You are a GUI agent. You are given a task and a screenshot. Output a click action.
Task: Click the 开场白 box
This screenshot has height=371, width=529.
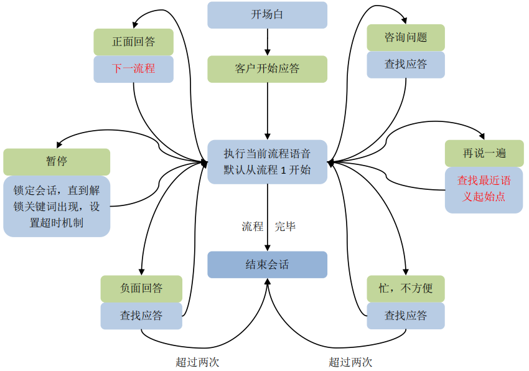pos(267,15)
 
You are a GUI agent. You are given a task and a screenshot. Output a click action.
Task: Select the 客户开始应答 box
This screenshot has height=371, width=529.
pos(267,69)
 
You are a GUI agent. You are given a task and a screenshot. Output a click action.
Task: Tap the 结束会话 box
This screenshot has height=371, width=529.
pos(267,265)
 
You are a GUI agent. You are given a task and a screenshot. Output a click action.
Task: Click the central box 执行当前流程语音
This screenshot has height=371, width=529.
pos(267,161)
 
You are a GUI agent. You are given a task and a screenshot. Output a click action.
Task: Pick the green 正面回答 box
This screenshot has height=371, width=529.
pos(133,42)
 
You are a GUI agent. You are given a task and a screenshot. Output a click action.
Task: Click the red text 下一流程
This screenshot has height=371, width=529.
pos(133,69)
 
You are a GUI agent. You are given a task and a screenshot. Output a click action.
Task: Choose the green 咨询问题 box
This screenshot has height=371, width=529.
pos(406,37)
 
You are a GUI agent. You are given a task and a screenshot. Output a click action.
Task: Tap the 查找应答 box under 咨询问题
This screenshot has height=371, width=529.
pos(406,64)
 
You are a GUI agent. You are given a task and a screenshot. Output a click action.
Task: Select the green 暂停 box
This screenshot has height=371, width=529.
pos(57,161)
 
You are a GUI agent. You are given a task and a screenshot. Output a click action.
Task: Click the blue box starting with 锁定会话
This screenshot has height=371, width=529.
pos(57,206)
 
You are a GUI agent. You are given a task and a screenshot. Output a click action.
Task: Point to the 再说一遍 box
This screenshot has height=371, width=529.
pos(484,154)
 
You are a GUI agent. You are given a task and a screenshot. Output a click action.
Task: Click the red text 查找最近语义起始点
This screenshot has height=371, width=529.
pos(484,189)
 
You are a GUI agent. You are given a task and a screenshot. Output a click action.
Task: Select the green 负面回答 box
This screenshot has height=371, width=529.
pos(141,289)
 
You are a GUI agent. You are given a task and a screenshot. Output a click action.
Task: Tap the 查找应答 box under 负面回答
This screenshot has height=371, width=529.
pos(141,316)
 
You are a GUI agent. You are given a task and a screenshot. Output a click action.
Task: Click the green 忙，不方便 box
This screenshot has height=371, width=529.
pos(406,289)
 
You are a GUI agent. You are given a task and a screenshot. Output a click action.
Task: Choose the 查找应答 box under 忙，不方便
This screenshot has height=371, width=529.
pos(406,316)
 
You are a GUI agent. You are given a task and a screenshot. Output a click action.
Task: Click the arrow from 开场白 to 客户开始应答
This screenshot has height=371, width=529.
pos(267,42)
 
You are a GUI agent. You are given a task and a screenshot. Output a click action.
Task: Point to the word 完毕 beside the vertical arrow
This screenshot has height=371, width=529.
pos(285,227)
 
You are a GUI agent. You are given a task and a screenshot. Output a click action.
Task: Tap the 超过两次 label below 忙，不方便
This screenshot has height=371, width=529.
pos(350,362)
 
